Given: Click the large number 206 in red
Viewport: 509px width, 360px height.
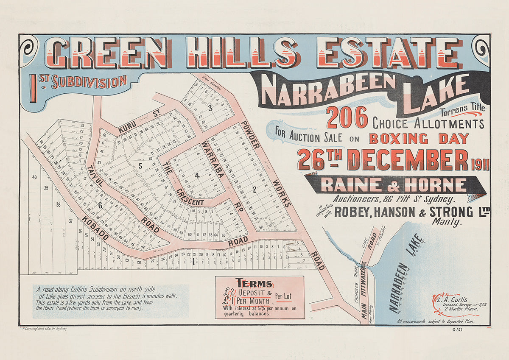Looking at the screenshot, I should [x=347, y=117].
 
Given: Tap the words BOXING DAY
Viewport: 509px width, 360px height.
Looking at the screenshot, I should [x=419, y=139].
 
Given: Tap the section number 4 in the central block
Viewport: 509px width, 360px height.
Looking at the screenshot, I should [x=196, y=175].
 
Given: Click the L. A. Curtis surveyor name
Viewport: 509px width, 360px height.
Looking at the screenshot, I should [x=454, y=299].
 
